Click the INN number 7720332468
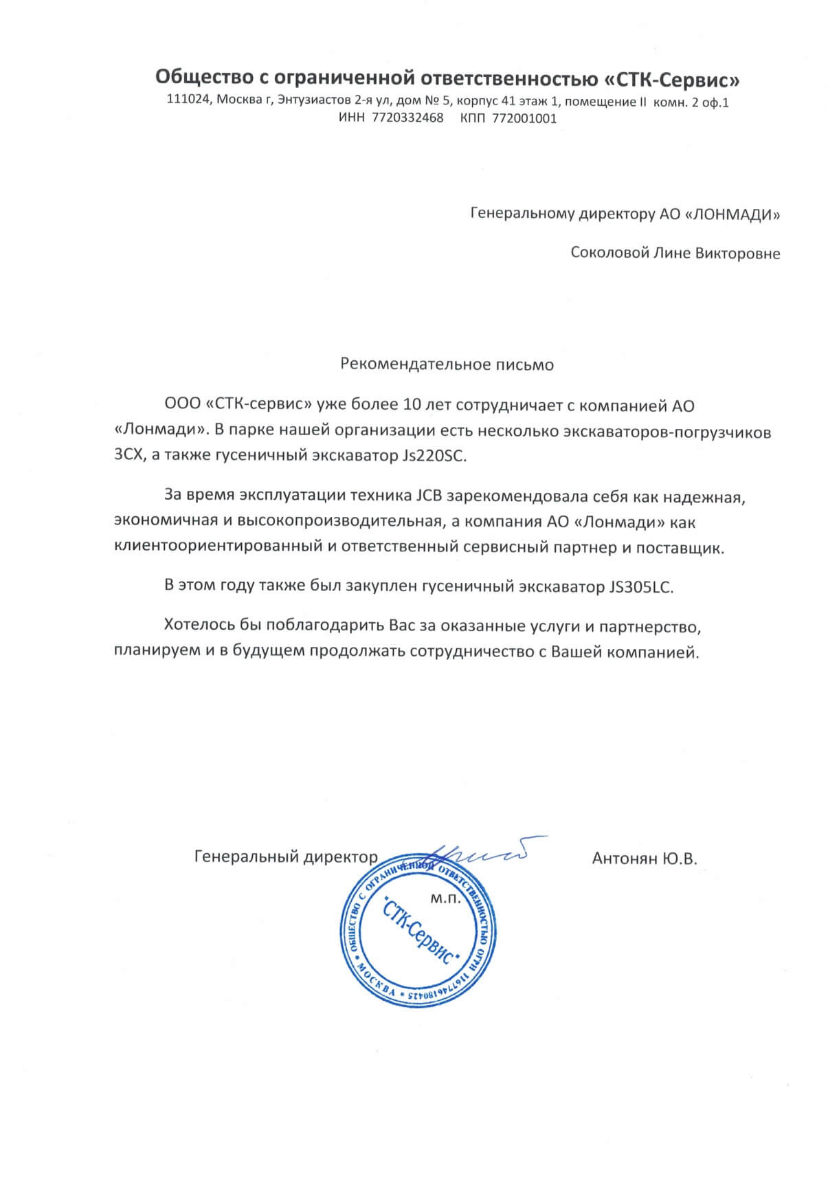pos(407,118)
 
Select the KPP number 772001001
pos(523,118)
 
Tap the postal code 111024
pos(189,100)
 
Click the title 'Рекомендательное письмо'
pos(447,364)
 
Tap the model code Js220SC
pos(440,456)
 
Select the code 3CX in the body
pos(128,456)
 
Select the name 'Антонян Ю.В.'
pos(644,857)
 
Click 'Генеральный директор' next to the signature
pos(286,857)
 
